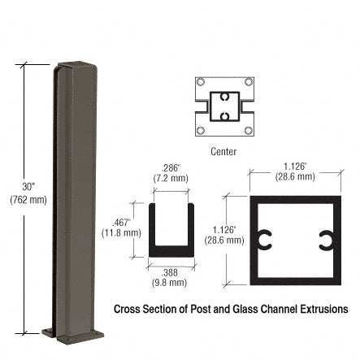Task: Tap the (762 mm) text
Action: pyautogui.click(x=28, y=199)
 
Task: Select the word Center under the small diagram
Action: pyautogui.click(x=223, y=151)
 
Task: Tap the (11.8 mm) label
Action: pyautogui.click(x=123, y=232)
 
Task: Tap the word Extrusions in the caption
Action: pyautogui.click(x=324, y=310)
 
